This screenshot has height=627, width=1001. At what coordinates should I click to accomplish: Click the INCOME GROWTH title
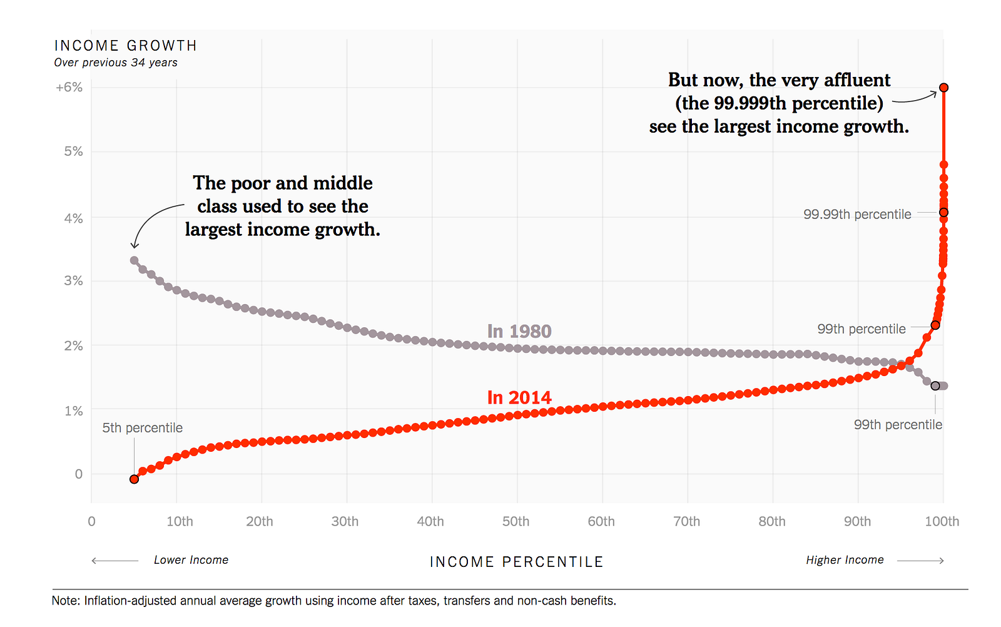tap(126, 46)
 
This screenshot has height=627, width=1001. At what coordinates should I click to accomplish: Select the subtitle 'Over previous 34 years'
tap(116, 63)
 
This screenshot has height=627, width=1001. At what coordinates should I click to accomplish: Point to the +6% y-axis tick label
tap(69, 87)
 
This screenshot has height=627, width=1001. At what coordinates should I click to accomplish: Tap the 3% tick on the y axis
tap(73, 281)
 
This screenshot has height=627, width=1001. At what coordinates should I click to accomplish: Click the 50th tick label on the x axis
tap(516, 521)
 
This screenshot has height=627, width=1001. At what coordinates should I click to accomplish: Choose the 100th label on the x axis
tap(942, 521)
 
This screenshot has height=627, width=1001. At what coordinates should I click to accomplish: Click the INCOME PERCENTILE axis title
tap(517, 562)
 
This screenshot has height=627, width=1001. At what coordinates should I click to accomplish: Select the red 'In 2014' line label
tap(519, 397)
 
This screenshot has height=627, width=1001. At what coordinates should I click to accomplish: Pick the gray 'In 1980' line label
tap(519, 331)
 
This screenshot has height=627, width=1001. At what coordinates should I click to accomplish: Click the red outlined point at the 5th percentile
tap(134, 479)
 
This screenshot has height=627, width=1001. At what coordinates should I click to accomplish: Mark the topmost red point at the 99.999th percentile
tap(944, 88)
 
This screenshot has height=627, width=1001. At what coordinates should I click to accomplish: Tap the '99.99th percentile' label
tap(857, 215)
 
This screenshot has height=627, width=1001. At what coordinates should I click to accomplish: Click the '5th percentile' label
tap(143, 428)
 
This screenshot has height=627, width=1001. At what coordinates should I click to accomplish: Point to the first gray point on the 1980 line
tap(134, 260)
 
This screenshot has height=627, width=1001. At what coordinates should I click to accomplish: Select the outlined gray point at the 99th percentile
tap(935, 385)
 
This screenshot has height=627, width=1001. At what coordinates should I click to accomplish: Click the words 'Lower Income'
tap(191, 560)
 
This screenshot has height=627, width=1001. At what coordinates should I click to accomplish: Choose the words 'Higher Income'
tap(845, 560)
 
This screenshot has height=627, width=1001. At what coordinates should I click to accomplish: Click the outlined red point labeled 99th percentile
tap(935, 325)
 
